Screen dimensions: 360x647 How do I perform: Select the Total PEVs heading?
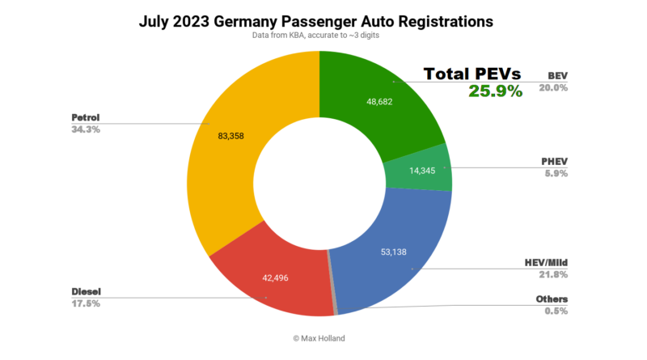pyautogui.click(x=473, y=74)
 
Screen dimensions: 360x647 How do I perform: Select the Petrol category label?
pyautogui.click(x=86, y=116)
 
